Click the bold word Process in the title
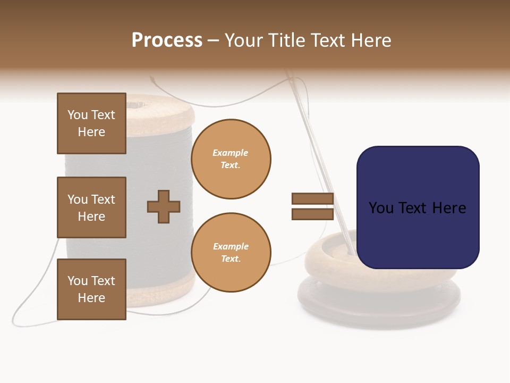pyautogui.click(x=167, y=40)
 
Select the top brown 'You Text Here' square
pyautogui.click(x=91, y=123)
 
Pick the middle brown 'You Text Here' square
pyautogui.click(x=91, y=207)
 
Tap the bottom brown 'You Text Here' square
pyautogui.click(x=91, y=289)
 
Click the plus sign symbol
pyautogui.click(x=164, y=206)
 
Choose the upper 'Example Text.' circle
pyautogui.click(x=231, y=159)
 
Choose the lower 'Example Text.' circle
pyautogui.click(x=231, y=252)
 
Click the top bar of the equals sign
pyautogui.click(x=312, y=198)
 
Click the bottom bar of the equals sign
pyautogui.click(x=312, y=214)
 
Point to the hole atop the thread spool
pyautogui.click(x=159, y=101)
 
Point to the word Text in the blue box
pyautogui.click(x=416, y=208)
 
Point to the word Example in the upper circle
pyautogui.click(x=231, y=153)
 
